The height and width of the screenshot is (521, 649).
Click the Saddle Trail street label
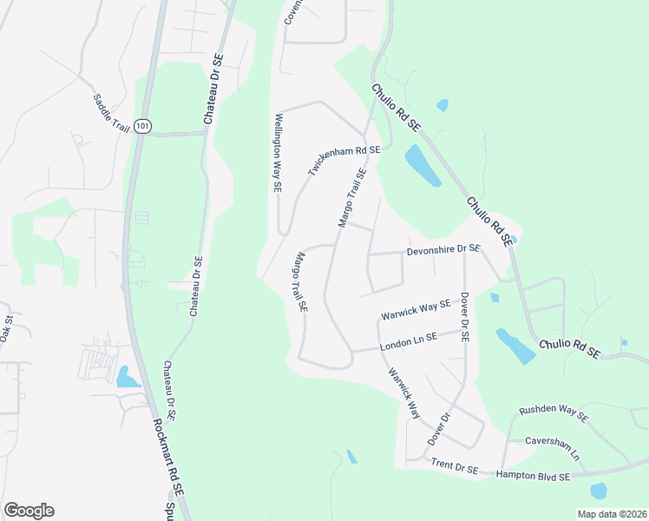point(110,111)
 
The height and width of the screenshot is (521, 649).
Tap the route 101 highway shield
point(143,127)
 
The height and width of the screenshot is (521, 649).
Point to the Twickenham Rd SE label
point(344,162)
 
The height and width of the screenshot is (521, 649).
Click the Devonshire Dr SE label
point(443,249)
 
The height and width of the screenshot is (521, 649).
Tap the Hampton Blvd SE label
point(532,476)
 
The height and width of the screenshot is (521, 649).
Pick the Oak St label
point(6,327)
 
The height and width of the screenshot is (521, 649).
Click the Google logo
point(29,511)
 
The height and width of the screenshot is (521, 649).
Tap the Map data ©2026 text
point(611,514)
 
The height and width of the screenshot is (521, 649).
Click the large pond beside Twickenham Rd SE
point(423,165)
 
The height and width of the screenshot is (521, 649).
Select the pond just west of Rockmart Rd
point(127,377)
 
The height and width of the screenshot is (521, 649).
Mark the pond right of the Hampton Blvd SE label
point(598,491)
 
